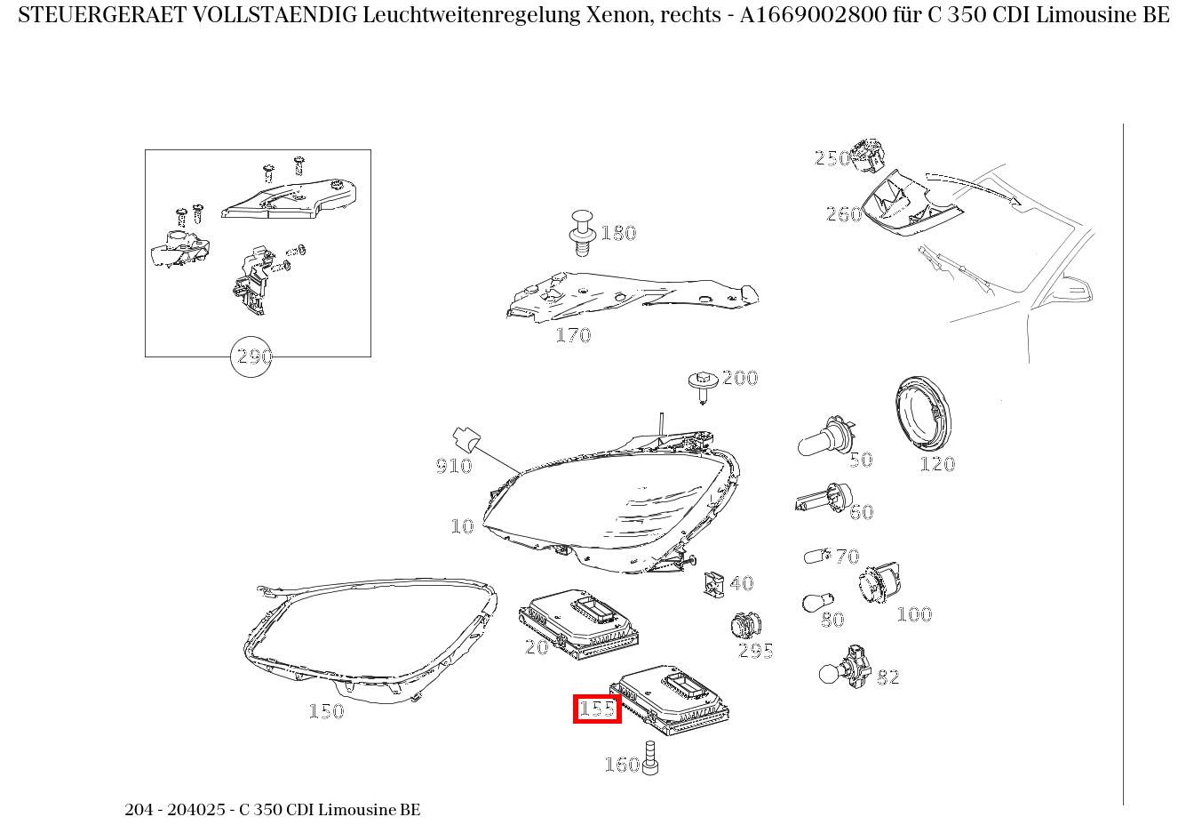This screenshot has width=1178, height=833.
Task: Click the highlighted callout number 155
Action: tap(597, 709)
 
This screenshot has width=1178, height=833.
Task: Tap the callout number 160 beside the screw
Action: tap(621, 765)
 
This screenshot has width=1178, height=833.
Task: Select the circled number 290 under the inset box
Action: tap(251, 356)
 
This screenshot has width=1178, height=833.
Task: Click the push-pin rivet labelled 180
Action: tap(581, 232)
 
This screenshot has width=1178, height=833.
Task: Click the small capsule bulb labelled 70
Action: tap(816, 556)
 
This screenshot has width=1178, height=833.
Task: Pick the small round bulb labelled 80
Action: tap(815, 602)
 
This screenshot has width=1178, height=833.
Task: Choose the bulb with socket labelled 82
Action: tap(844, 669)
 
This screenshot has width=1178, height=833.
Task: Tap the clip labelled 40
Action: tap(713, 583)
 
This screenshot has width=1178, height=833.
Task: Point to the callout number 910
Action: tap(453, 466)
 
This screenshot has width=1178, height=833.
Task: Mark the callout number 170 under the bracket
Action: tap(573, 335)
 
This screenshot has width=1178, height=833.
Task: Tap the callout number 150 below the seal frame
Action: tap(326, 711)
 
